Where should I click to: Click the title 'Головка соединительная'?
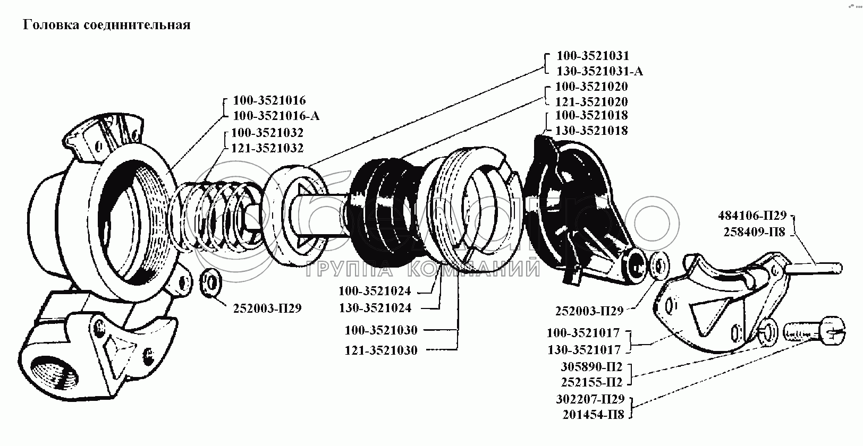coord(106,24)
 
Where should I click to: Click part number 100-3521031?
coord(593,56)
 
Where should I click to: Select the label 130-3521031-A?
coord(599,71)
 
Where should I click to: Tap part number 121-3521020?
coord(591,101)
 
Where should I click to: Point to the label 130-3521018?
coord(591,131)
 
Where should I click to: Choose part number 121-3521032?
coord(267,148)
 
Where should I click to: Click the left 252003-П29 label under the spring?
coord(267,308)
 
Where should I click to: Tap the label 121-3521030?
coord(381,350)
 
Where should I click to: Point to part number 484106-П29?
coord(752,216)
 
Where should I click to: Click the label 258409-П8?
coord(754,231)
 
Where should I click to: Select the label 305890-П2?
coord(591,367)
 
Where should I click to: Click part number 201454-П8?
coord(593,414)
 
